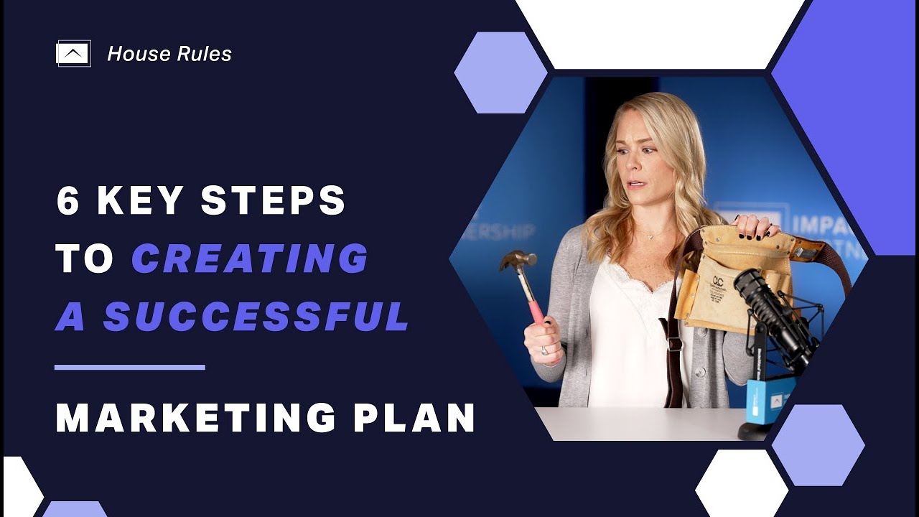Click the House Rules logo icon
click(x=73, y=54)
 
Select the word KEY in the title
click(x=141, y=202)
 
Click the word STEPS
click(x=274, y=202)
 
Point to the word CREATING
click(x=250, y=259)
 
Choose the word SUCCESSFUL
click(x=256, y=317)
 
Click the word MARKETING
click(x=195, y=419)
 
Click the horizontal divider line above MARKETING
click(x=130, y=368)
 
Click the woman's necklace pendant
click(x=650, y=236)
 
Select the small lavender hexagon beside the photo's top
click(x=500, y=73)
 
